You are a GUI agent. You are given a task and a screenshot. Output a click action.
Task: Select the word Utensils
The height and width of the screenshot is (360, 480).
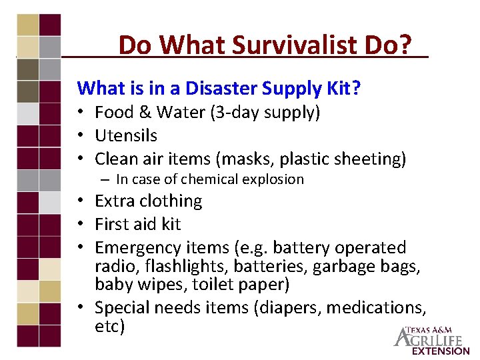tap(126, 135)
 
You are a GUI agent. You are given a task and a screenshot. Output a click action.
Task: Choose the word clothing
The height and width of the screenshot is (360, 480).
tap(171, 201)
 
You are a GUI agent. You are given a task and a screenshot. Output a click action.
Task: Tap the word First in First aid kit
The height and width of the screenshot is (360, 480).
tap(112, 224)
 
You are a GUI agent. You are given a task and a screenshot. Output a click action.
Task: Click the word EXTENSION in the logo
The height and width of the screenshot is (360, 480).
tap(441, 351)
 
